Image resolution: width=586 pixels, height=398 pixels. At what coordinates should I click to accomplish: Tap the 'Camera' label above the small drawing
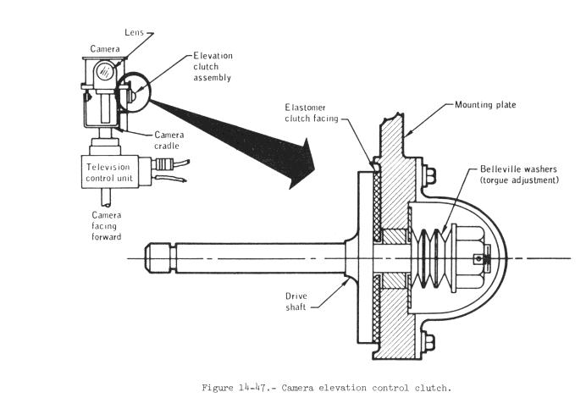(x=105, y=49)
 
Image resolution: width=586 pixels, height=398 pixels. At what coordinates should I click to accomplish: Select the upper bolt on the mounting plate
(x=430, y=178)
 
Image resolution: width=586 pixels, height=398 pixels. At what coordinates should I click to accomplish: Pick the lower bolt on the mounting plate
(x=430, y=343)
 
